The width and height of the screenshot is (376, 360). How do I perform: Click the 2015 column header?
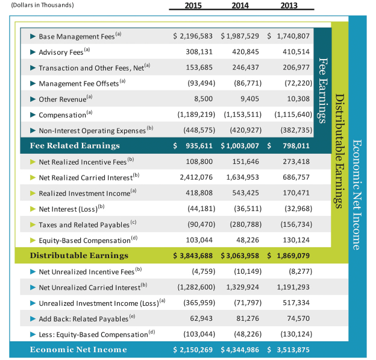pyautogui.click(x=191, y=5)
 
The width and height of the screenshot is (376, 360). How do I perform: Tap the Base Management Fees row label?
pyautogui.click(x=80, y=36)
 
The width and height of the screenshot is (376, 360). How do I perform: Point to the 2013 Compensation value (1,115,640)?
pyautogui.click(x=288, y=114)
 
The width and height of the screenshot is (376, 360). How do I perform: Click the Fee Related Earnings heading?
pyautogui.click(x=75, y=145)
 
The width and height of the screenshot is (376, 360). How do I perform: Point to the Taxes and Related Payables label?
pyautogui.click(x=84, y=224)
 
